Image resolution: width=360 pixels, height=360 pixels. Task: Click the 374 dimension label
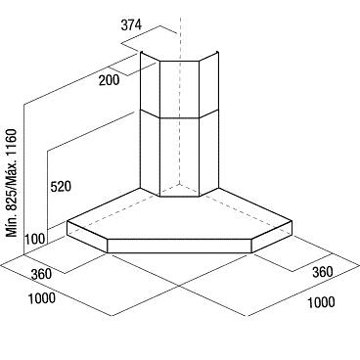tap(131, 25)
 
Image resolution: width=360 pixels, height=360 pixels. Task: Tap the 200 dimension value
tap(110, 80)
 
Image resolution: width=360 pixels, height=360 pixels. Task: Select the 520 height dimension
tap(61, 187)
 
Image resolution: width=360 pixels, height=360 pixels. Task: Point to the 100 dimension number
tap(35, 239)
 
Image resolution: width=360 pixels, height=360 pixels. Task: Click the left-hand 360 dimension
tap(41, 274)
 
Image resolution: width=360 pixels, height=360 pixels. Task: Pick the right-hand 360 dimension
tap(323, 272)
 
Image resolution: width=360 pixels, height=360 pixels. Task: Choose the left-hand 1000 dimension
tap(42, 298)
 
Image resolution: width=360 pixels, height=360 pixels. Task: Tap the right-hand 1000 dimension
tap(321, 302)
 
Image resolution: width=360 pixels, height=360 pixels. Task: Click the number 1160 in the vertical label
tap(12, 143)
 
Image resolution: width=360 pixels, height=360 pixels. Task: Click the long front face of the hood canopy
tap(179, 246)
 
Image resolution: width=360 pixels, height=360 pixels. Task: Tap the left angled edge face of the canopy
tap(87, 237)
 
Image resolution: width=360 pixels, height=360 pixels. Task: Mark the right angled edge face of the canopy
tap(272, 237)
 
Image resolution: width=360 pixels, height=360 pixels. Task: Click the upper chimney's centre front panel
tap(179, 89)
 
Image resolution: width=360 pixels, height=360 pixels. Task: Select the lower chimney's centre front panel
tap(179, 157)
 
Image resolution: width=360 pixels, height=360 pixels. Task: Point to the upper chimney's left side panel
tap(150, 84)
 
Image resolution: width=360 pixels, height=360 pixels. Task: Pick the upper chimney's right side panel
tap(208, 84)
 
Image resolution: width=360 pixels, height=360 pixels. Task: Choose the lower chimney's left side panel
tap(150, 153)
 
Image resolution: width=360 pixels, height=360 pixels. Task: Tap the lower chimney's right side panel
tap(208, 153)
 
